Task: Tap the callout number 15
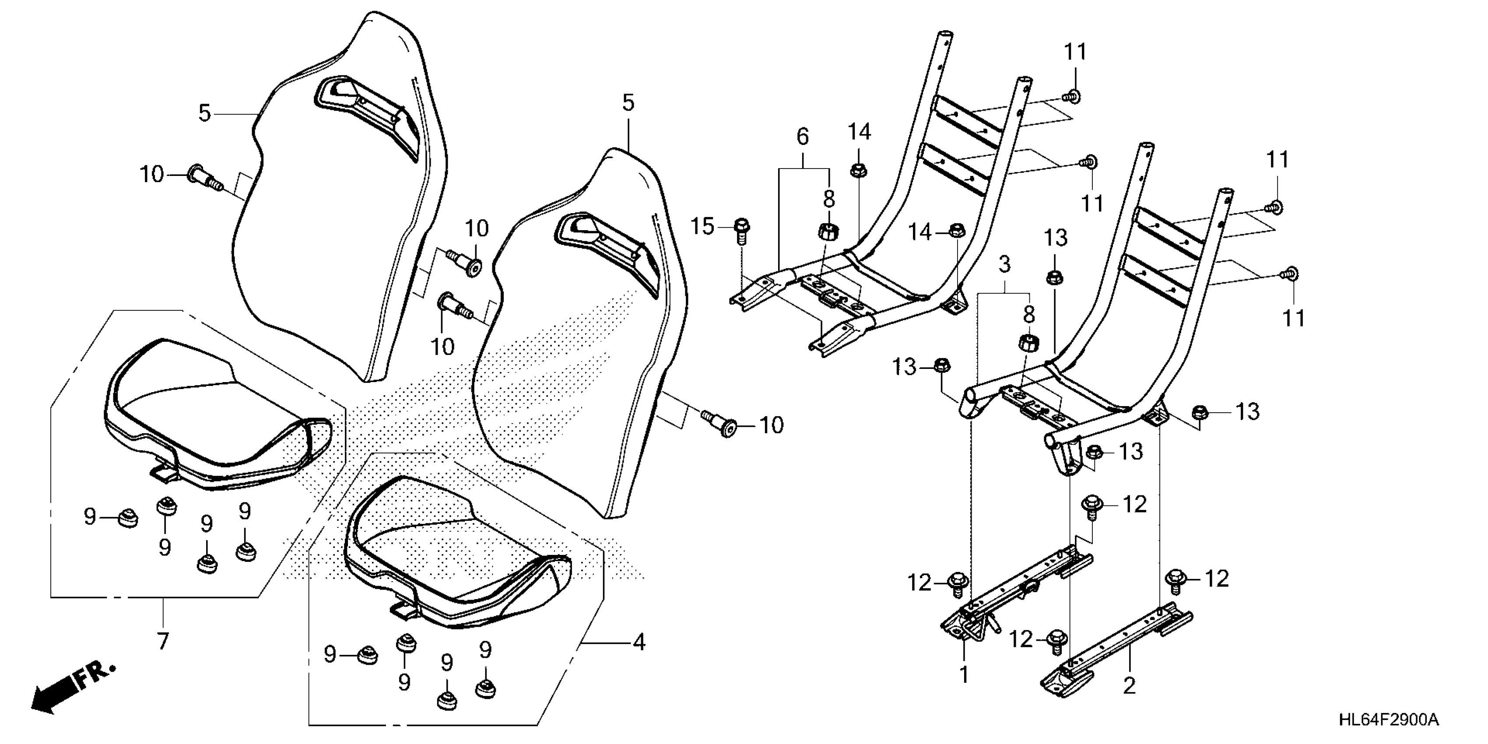(702, 226)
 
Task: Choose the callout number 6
(802, 137)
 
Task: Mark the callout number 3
(1004, 265)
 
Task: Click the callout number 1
(964, 674)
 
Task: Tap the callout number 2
(1129, 686)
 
